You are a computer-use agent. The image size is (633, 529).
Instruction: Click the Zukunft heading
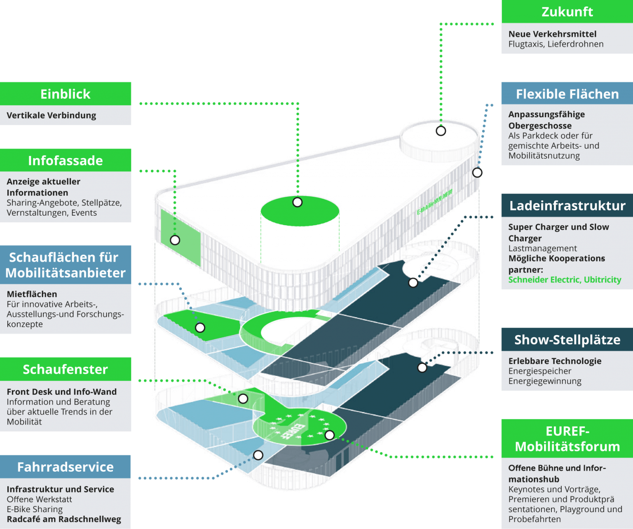pos(567,12)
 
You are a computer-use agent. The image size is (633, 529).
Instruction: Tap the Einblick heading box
pos(66,94)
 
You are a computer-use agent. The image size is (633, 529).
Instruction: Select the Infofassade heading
pos(66,160)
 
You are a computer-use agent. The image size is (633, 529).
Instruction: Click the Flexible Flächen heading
pos(567,94)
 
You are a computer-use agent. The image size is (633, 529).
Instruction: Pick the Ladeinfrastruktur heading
pos(567,205)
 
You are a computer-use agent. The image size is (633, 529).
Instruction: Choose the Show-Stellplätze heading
pos(567,340)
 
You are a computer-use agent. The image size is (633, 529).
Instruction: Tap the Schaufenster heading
pos(66,369)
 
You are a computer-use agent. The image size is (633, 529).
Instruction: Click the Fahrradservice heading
pos(66,467)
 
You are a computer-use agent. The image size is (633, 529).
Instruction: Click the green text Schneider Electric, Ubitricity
pos(565,280)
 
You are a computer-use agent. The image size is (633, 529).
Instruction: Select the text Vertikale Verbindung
pos(52,115)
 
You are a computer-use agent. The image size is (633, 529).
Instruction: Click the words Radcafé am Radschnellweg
pos(64,519)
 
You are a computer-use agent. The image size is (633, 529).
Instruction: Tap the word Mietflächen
pos(32,294)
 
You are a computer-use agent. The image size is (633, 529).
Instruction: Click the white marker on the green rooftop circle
pos(298,202)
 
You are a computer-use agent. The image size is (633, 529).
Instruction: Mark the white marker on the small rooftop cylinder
pos(441,131)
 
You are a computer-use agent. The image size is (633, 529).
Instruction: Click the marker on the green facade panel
pos(175,240)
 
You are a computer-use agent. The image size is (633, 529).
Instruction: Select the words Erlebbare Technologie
pos(555,361)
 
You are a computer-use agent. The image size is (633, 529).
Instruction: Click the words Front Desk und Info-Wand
pos(62,392)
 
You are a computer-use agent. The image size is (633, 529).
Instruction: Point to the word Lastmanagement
pos(542,248)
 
